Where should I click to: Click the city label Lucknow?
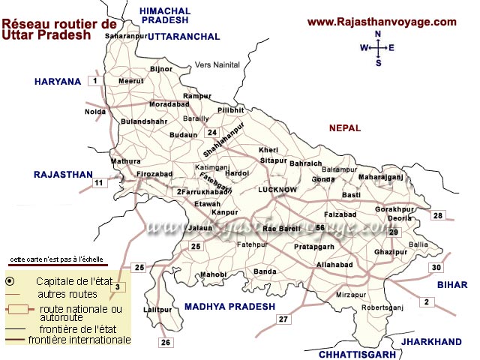(277, 190)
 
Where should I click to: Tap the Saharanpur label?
(124, 35)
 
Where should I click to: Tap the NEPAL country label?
(345, 128)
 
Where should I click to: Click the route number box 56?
(320, 228)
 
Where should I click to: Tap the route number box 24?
(212, 133)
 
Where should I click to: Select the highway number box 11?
(99, 182)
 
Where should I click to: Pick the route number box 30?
(436, 268)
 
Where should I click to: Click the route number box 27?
(283, 319)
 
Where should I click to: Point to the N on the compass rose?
(378, 34)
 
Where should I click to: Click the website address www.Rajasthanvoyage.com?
(382, 22)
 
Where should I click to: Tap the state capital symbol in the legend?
(10, 280)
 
